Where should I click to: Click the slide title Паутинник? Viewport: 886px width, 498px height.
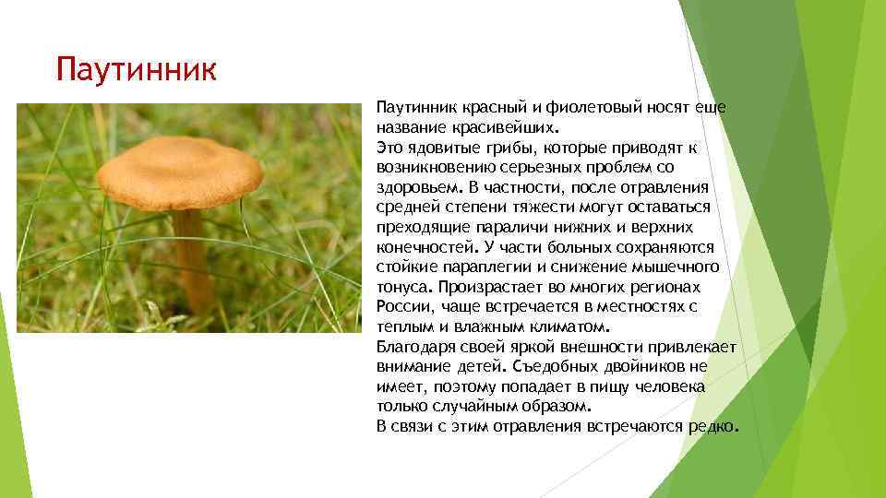point(135,69)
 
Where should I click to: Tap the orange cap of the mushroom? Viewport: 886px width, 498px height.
point(180,172)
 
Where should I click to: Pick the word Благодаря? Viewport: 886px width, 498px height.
point(414,347)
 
